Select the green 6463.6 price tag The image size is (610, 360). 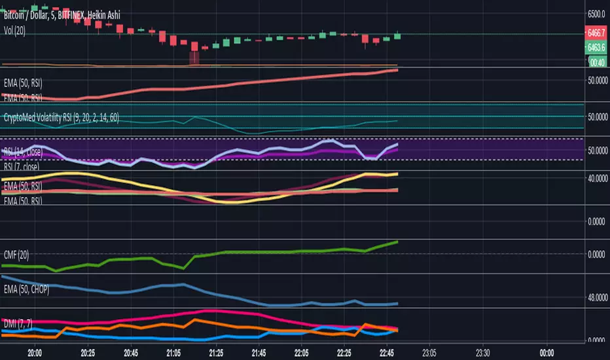(596, 48)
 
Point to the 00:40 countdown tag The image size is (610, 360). (596, 62)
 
